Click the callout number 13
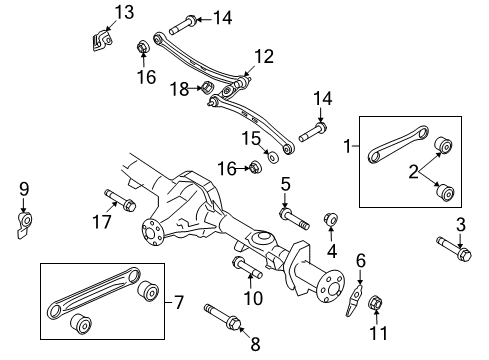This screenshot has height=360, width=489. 124,12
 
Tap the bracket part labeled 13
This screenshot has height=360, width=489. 101,40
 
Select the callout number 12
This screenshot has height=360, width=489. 264,56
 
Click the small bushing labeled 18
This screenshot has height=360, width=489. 208,88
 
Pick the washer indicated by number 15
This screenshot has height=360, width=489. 273,157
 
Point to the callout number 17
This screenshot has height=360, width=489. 102,221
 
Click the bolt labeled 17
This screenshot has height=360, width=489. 120,200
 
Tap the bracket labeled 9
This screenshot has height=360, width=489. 24,224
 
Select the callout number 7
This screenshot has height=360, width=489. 179,302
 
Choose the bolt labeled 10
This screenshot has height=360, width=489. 247,266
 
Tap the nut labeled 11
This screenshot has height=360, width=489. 375,303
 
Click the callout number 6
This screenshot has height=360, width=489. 361,261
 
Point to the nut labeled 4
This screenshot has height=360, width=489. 331,219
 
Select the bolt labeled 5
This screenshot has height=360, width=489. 294,218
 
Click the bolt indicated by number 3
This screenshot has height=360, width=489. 454,249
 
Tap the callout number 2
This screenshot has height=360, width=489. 413,172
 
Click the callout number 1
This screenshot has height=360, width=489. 347,146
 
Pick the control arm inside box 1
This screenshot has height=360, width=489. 398,144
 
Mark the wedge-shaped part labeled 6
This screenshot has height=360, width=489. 354,300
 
